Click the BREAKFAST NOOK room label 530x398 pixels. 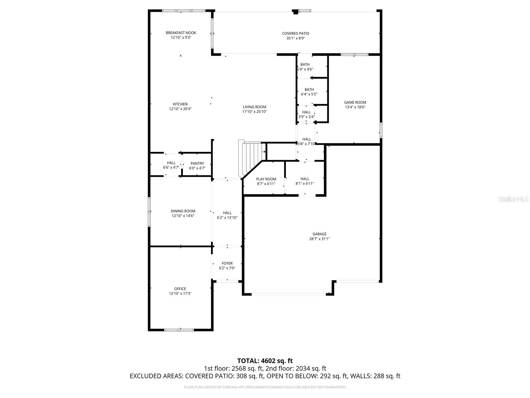tap(181, 33)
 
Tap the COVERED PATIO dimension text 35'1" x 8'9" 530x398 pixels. tap(295, 38)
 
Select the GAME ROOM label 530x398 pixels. tap(355, 102)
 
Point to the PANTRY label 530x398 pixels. tap(197, 164)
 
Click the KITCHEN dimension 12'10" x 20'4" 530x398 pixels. tap(180, 109)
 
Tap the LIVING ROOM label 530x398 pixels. tap(254, 107)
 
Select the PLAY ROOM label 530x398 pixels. tap(266, 179)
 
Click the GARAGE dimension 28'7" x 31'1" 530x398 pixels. tap(319, 239)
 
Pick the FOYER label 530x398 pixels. tap(227, 263)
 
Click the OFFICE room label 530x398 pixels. tap(180, 289)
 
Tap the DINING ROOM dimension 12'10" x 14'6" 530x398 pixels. tap(183, 216)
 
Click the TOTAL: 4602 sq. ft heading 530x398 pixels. tap(265, 361)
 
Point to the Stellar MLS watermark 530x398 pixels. tap(513, 199)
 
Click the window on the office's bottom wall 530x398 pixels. tap(179, 330)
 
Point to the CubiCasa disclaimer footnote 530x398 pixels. tap(265, 387)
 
